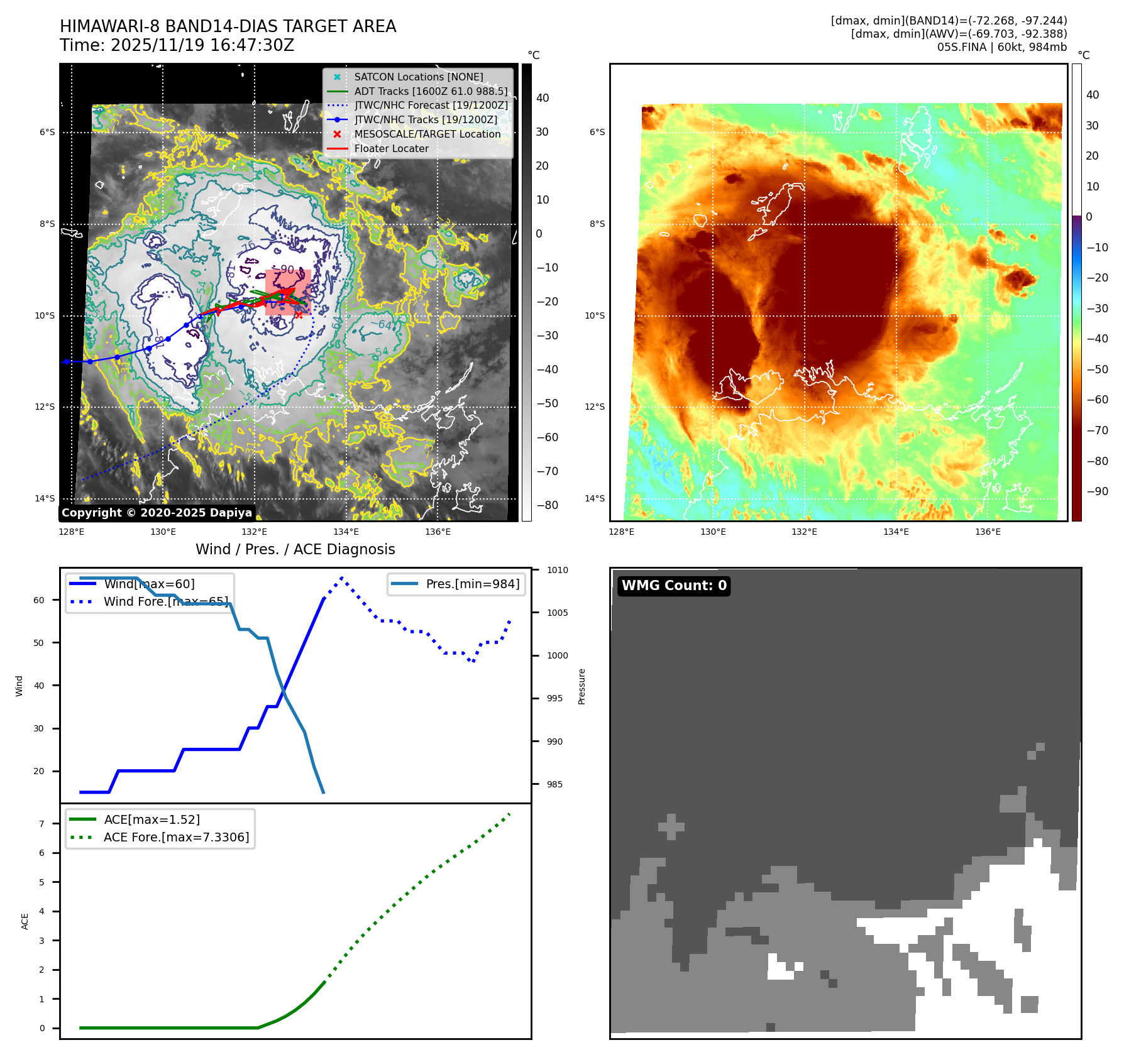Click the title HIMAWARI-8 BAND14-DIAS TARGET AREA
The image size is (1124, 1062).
pyautogui.click(x=228, y=26)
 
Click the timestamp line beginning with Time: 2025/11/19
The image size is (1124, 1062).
pyautogui.click(x=177, y=45)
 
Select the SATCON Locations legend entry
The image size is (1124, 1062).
pyautogui.click(x=418, y=77)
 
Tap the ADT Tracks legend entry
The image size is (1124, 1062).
pyautogui.click(x=431, y=91)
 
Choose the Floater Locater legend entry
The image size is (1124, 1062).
pyautogui.click(x=391, y=148)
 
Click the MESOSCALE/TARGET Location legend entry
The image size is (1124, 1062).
pyautogui.click(x=427, y=134)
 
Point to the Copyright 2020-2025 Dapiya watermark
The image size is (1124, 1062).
pyautogui.click(x=157, y=513)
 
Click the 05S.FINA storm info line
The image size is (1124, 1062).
pyautogui.click(x=1001, y=47)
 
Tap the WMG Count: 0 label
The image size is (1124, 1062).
pyautogui.click(x=674, y=586)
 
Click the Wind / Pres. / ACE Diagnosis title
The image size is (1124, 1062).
pyautogui.click(x=295, y=549)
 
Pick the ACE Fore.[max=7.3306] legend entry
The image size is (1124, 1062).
pyautogui.click(x=176, y=837)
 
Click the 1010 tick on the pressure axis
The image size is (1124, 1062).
pyautogui.click(x=557, y=570)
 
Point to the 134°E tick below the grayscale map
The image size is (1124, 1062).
pyautogui.click(x=346, y=532)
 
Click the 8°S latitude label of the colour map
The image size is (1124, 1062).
pyautogui.click(x=597, y=224)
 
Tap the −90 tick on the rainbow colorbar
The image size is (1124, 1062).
pyautogui.click(x=1097, y=491)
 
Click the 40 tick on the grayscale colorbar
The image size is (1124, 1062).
pyautogui.click(x=542, y=98)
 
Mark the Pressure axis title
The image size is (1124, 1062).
pyautogui.click(x=581, y=686)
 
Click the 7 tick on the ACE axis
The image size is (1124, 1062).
pyautogui.click(x=42, y=824)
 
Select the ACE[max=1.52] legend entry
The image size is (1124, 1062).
pyautogui.click(x=152, y=819)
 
